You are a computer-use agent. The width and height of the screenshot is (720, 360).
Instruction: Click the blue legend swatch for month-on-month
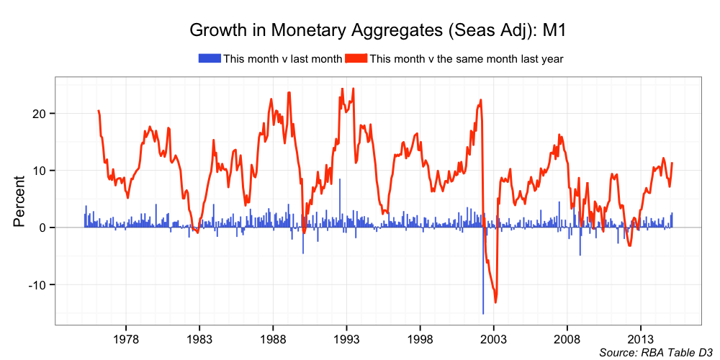point(210,58)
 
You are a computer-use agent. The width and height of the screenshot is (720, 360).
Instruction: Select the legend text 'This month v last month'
point(282,58)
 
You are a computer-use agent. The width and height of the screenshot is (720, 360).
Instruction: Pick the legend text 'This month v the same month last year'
point(466,58)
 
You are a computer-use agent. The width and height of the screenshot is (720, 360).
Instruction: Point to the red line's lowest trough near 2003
point(495,301)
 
